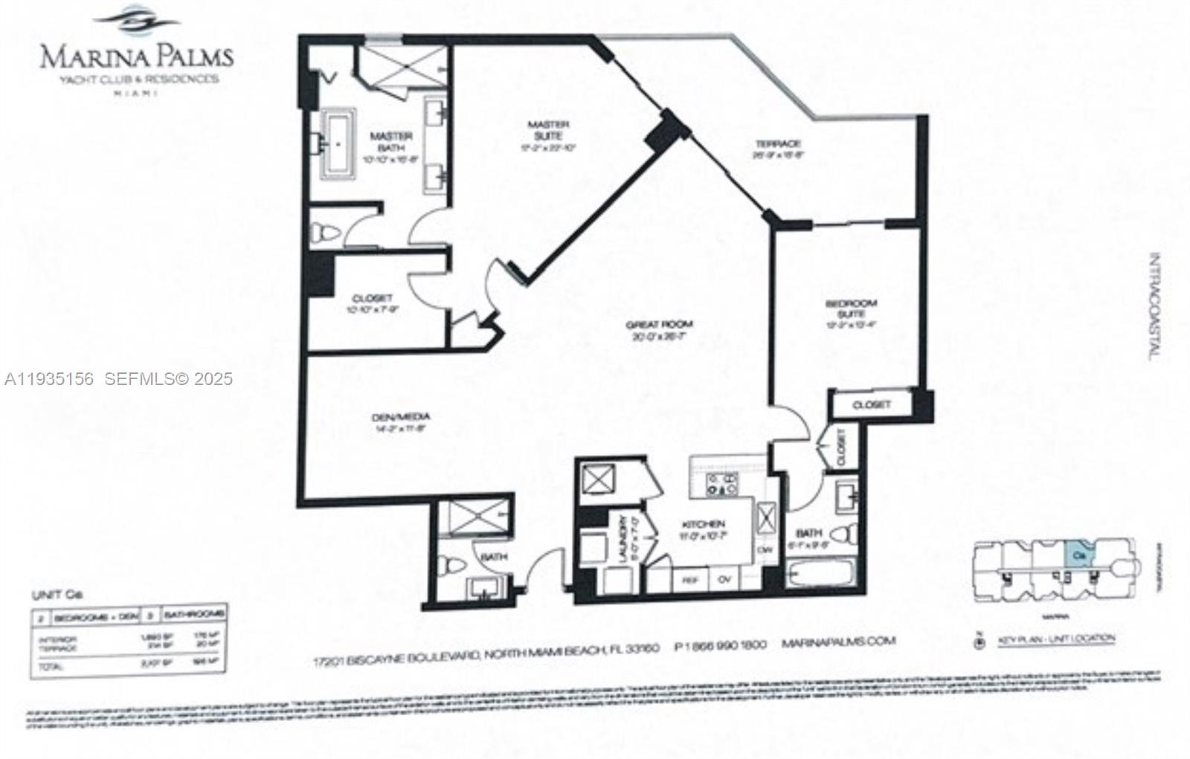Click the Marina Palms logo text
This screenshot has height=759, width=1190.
[x=136, y=56]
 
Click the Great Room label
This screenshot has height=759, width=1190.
[x=659, y=324]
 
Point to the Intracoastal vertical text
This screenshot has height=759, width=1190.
[x=1154, y=307]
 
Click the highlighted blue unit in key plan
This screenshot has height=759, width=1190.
[x=1078, y=553]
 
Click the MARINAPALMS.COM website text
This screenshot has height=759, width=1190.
[x=839, y=641]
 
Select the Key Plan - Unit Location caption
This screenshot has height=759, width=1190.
[x=1055, y=638]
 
